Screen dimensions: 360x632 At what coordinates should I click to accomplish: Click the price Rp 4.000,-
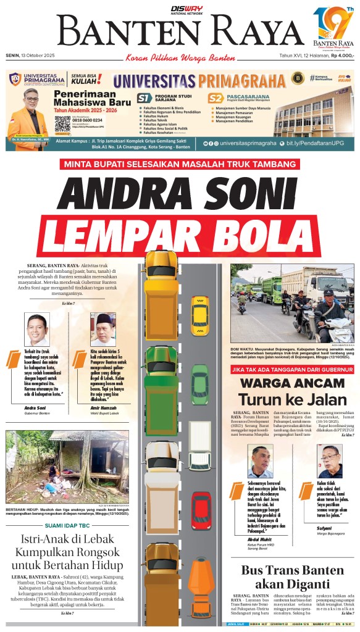coord(342,56)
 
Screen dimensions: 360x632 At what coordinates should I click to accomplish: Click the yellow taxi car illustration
coord(199,308)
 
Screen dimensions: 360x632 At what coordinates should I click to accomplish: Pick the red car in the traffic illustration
coord(201,510)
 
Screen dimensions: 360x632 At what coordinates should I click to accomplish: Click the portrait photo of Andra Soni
coord(37,330)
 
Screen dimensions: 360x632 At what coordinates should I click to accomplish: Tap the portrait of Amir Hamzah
coord(103,330)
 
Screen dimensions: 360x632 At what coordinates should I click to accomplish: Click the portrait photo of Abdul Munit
coord(260,462)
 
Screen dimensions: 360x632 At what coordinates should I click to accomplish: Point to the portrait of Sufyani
coord(329,462)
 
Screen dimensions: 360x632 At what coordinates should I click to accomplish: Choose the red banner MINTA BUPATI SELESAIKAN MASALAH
coord(180,164)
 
